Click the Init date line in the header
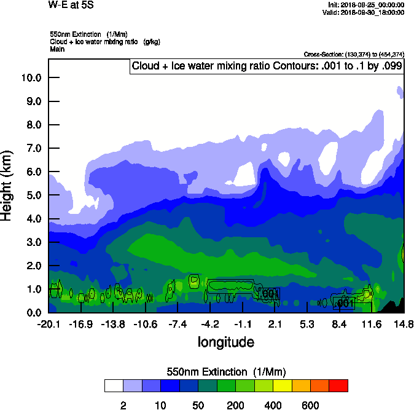point(366,5)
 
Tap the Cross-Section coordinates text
point(354,55)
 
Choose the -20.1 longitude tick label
point(48,324)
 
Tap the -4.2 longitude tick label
point(210,324)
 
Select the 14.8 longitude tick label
point(403,324)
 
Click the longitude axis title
point(225,342)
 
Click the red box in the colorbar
point(338,386)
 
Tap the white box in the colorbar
point(114,386)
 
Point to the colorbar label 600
point(310,405)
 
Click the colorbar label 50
point(198,405)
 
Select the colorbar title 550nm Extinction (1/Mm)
point(226,371)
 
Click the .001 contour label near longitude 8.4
point(345,303)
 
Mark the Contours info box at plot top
point(267,66)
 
